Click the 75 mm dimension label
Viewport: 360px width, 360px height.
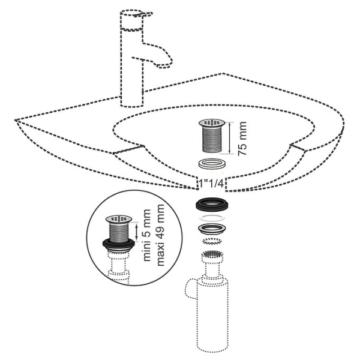pyautogui.click(x=242, y=139)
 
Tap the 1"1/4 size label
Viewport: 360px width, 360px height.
pyautogui.click(x=211, y=184)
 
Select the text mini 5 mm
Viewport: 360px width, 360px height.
pyautogui.click(x=147, y=235)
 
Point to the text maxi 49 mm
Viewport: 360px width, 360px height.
pyautogui.click(x=161, y=235)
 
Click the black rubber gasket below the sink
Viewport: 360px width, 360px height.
pyautogui.click(x=212, y=204)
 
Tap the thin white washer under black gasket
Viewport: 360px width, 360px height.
pyautogui.click(x=212, y=217)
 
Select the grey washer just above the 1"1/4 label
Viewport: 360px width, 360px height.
pyautogui.click(x=212, y=164)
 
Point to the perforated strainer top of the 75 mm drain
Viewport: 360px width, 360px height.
pyautogui.click(x=211, y=122)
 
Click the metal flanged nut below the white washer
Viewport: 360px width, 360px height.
pyautogui.click(x=212, y=229)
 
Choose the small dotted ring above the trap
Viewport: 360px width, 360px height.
pyautogui.click(x=212, y=242)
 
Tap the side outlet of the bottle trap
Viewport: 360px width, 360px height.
pyautogui.click(x=191, y=289)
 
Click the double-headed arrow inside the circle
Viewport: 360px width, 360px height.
pyautogui.click(x=137, y=232)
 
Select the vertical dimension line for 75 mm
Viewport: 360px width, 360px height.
pyautogui.click(x=230, y=138)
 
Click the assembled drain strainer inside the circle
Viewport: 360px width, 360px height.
pyautogui.click(x=119, y=229)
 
